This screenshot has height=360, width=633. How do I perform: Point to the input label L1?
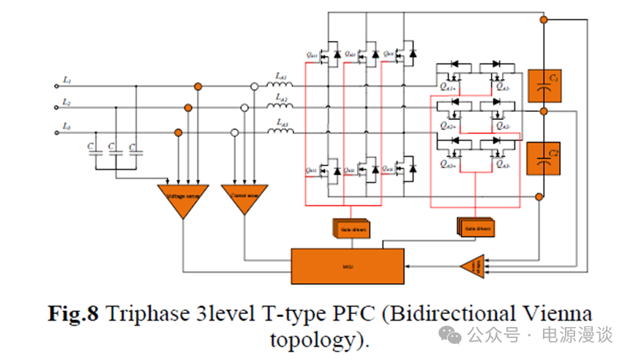(67, 78)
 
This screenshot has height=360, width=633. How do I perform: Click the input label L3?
(67, 127)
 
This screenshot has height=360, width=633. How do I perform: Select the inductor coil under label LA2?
(281, 108)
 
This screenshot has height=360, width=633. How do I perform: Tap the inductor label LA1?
(281, 75)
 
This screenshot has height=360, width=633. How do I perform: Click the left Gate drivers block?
(353, 229)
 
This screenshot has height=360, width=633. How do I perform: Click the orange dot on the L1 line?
(198, 86)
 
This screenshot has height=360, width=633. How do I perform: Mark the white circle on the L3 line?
(234, 133)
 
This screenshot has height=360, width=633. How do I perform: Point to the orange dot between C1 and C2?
(543, 110)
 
